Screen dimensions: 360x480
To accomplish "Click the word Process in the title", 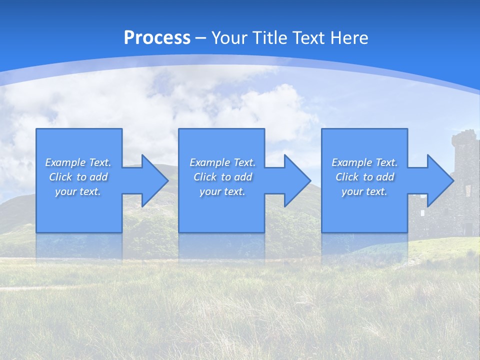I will [157, 38].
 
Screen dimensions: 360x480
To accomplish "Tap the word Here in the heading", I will [349, 38].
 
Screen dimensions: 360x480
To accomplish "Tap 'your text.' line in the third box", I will [364, 191].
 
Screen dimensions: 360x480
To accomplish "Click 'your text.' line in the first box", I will [78, 191].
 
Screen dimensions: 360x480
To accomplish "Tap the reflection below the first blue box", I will [79, 246].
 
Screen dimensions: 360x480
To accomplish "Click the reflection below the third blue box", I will [364, 246].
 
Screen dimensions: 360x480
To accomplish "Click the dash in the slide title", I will [200, 38].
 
